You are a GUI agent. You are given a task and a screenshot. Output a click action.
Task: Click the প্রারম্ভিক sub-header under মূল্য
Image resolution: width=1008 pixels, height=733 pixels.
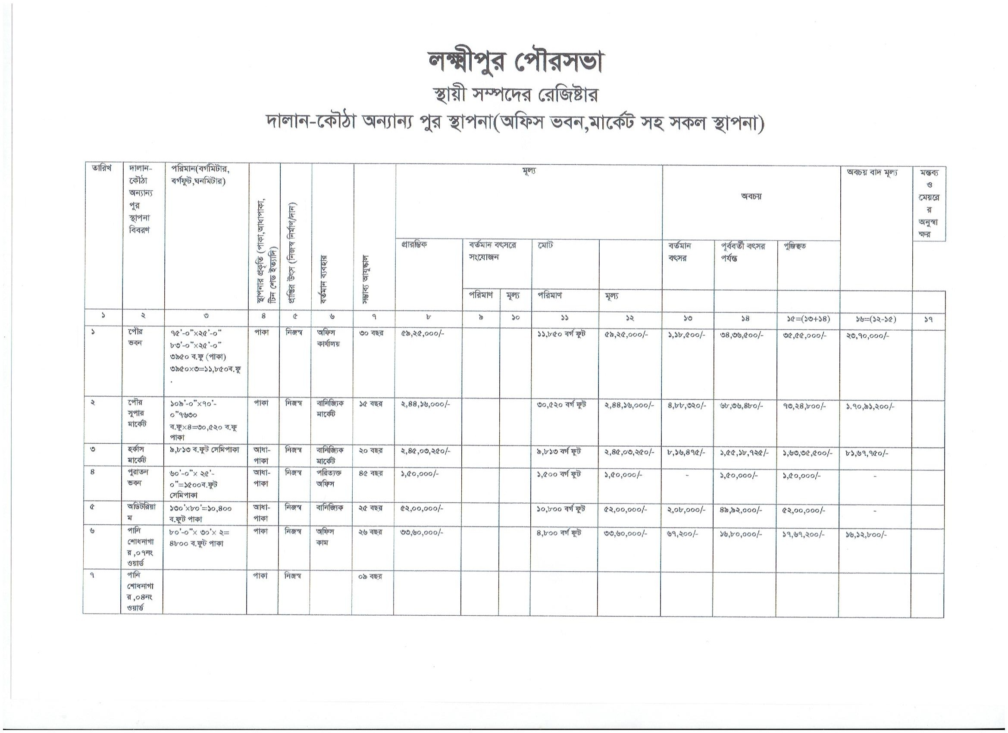coord(414,245)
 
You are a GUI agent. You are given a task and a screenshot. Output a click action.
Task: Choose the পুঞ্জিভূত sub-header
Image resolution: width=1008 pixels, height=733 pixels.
coord(795,246)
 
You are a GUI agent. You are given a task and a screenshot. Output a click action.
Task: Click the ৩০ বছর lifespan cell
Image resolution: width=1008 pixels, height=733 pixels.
coord(371,333)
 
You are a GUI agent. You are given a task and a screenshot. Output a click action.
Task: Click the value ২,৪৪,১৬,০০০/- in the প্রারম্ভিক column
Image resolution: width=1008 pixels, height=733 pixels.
coord(426,405)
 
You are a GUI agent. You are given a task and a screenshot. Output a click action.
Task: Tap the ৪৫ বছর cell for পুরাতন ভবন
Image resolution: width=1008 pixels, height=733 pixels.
coord(371,473)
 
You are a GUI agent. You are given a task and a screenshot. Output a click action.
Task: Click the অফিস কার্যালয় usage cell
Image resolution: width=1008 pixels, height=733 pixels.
coord(329,338)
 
